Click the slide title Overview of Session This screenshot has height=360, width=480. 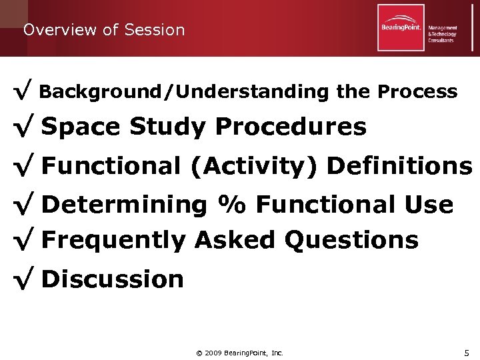click(x=103, y=30)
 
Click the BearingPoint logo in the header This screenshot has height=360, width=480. click(x=401, y=27)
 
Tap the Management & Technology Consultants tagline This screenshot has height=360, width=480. click(x=443, y=34)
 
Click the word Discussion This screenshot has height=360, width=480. click(x=112, y=279)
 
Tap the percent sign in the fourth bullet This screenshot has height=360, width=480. click(x=232, y=205)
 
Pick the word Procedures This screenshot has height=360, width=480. click(x=291, y=127)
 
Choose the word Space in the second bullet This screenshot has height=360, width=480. click(x=81, y=127)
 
